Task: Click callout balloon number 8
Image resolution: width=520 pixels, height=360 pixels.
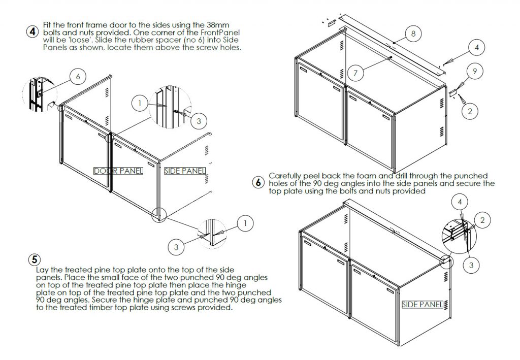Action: click(x=413, y=34)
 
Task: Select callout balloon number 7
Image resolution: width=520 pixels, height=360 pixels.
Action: click(x=355, y=73)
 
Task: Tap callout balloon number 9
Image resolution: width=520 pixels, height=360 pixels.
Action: click(x=474, y=72)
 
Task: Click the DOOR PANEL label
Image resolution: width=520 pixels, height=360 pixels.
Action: click(x=118, y=171)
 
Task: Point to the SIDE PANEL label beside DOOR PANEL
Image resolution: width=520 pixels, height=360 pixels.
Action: click(x=185, y=171)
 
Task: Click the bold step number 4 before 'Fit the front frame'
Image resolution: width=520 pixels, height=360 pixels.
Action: click(x=32, y=31)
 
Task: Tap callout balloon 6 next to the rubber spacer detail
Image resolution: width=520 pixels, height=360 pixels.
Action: click(x=78, y=77)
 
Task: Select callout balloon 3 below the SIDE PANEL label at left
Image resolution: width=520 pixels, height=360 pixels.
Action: click(x=176, y=247)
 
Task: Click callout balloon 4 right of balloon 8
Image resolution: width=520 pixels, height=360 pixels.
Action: click(x=476, y=48)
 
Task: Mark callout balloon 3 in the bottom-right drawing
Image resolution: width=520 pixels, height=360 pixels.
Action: click(x=470, y=264)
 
